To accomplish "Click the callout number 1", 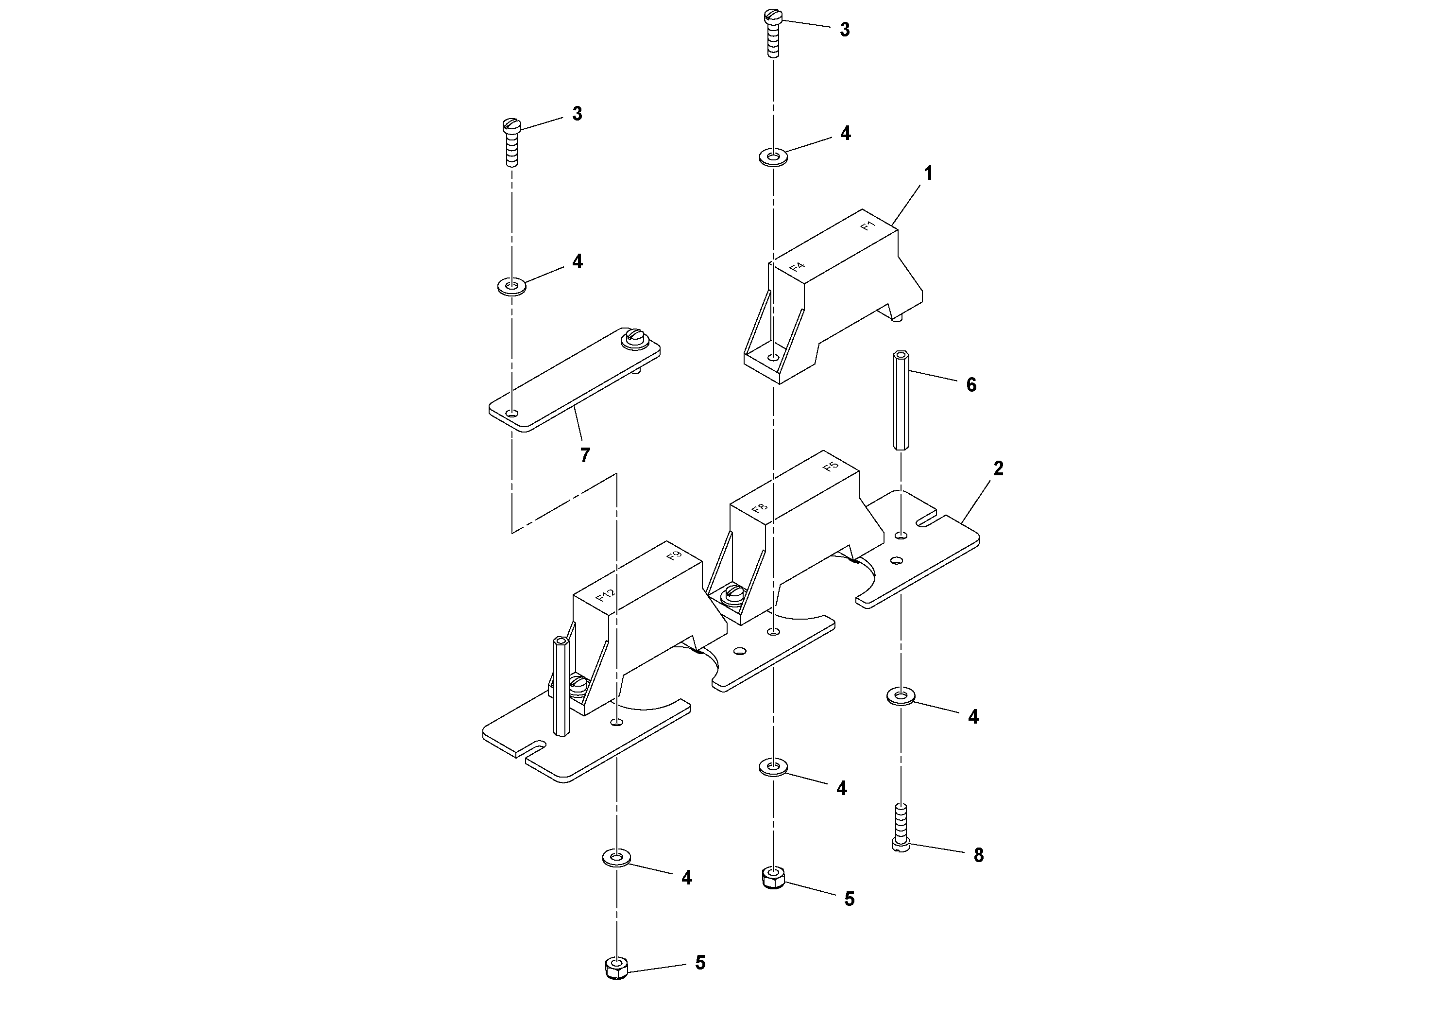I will click(x=928, y=173).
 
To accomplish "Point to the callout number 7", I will click(x=585, y=455).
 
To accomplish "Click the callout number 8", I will click(x=978, y=855).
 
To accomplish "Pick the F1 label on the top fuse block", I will click(x=868, y=225).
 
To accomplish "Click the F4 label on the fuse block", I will click(x=797, y=266).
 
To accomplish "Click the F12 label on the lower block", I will click(x=605, y=595).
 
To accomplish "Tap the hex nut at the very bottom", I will click(x=616, y=967).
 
